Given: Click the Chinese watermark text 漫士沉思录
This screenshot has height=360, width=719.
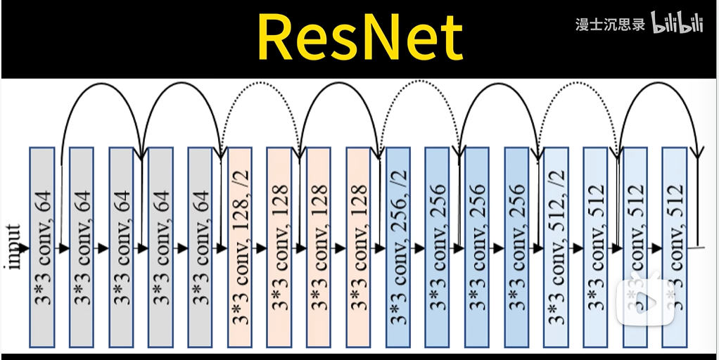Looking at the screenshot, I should (610, 24).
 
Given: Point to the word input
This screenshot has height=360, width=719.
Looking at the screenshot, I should (13, 246).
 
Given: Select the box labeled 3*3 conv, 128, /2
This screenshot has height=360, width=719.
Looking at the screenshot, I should (240, 247).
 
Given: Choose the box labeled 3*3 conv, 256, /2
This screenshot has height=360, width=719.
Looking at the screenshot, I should (398, 247).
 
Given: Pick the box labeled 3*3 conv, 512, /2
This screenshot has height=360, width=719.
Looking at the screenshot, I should (556, 247).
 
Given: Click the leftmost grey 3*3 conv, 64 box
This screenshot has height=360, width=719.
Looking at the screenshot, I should (42, 247).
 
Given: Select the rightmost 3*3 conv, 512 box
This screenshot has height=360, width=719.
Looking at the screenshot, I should (675, 247).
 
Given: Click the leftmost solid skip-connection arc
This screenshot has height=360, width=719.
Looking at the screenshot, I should (102, 86).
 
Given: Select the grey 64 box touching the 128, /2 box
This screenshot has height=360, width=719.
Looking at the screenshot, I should (201, 247).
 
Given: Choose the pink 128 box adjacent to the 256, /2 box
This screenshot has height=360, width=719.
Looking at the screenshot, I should (359, 247).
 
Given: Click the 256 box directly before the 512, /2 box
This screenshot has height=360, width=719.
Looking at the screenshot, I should (517, 247).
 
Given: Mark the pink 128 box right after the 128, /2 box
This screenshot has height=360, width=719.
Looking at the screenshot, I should (279, 247).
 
